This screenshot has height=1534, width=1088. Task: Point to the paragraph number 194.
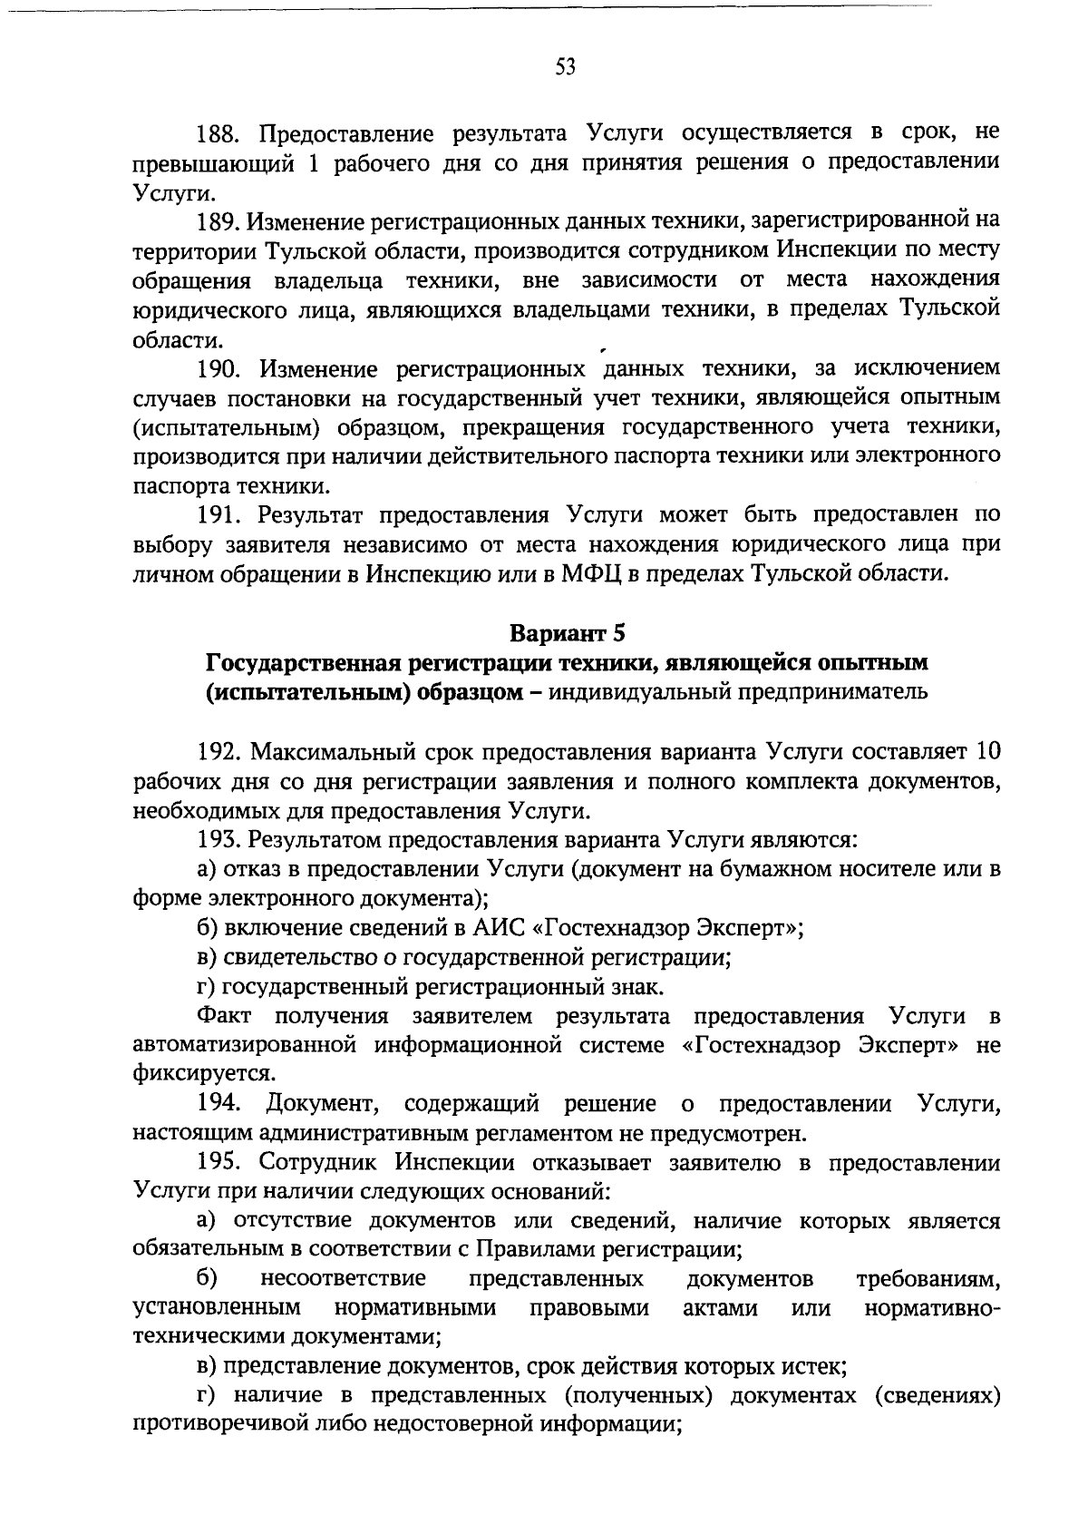pyautogui.click(x=219, y=1104)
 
